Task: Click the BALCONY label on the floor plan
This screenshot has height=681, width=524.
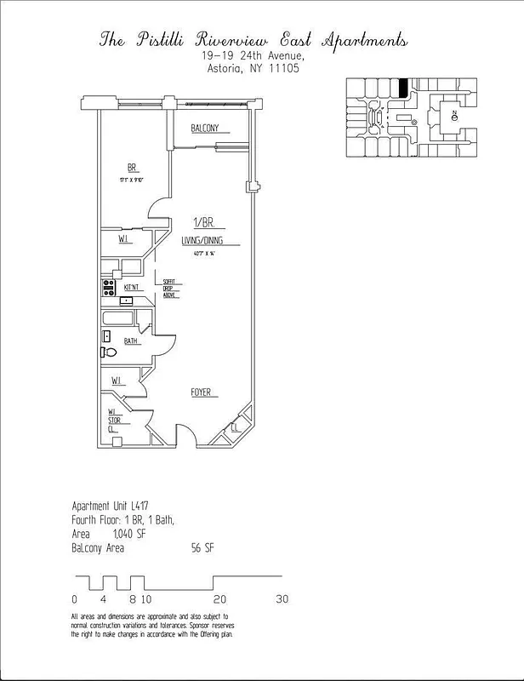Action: [x=204, y=129]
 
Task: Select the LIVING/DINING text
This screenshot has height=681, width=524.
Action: [x=203, y=242]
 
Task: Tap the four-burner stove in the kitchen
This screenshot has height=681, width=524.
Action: [x=109, y=288]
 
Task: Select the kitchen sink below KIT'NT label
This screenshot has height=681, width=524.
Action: [x=127, y=300]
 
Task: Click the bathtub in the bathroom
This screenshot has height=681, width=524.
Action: [x=119, y=321]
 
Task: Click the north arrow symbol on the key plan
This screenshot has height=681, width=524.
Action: [x=455, y=114]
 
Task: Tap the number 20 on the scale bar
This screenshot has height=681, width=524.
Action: [x=219, y=598]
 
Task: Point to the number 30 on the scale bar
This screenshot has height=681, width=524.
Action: [x=282, y=598]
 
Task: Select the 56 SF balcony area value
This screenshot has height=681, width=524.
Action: [x=202, y=548]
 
